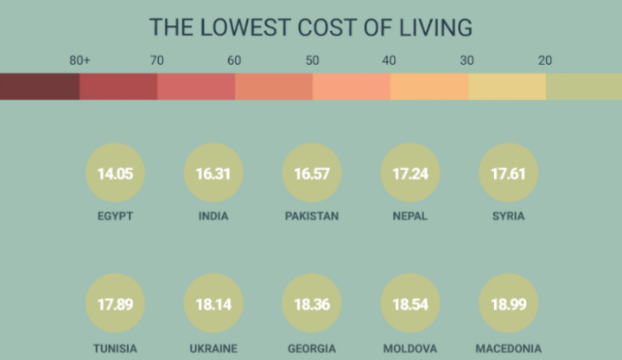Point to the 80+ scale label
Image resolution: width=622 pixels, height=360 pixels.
click(x=80, y=60)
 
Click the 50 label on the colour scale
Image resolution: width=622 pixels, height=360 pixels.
click(x=312, y=60)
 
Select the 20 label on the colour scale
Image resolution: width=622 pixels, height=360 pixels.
click(x=545, y=60)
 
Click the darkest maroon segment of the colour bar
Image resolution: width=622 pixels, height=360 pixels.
click(x=40, y=86)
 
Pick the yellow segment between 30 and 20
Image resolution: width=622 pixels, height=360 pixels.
click(x=506, y=86)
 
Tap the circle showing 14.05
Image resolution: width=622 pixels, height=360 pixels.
click(x=115, y=174)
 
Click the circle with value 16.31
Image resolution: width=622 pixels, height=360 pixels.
click(x=213, y=174)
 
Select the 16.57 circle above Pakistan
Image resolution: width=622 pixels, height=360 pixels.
click(x=312, y=174)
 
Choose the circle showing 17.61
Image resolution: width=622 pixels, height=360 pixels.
click(x=508, y=174)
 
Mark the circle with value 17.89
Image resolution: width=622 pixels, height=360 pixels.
click(x=115, y=306)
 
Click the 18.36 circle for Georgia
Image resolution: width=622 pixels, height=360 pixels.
click(x=312, y=306)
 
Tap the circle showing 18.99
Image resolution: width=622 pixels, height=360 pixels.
click(x=508, y=306)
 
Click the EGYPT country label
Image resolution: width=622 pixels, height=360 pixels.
click(x=115, y=216)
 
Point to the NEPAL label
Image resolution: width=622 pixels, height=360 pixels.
click(x=409, y=216)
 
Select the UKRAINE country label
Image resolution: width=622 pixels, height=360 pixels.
click(x=213, y=349)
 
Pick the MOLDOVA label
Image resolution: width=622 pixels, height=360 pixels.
click(x=409, y=349)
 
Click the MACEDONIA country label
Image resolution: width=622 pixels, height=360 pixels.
click(x=508, y=349)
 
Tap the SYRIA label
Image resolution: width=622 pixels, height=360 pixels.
click(x=508, y=216)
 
